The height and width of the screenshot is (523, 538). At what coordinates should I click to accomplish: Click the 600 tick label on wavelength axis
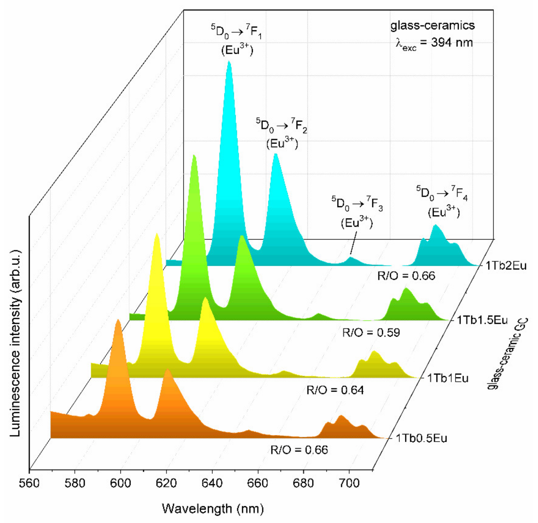point(120,483)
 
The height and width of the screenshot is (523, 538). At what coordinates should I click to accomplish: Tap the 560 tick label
point(29,483)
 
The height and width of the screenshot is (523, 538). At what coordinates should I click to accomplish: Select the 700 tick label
point(349,483)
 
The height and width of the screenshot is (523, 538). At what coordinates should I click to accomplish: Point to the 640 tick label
point(212,483)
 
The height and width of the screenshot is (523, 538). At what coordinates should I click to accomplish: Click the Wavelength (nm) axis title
point(213,508)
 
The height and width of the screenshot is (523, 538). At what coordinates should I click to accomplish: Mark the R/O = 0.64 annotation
point(335,390)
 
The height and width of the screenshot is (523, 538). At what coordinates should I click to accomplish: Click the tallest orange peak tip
point(118,320)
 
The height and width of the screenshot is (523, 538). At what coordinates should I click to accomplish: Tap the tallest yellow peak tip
point(157,234)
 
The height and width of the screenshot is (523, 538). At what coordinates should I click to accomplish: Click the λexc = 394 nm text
point(434,43)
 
